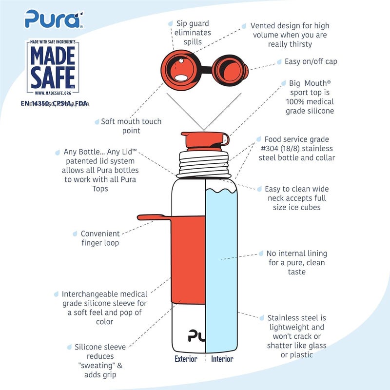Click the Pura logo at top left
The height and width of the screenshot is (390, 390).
[54, 19]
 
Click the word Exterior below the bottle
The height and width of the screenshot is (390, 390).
[186, 359]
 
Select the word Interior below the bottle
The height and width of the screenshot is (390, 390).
[222, 359]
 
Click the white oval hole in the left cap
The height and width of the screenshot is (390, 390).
[181, 78]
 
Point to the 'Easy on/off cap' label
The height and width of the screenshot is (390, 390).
[311, 61]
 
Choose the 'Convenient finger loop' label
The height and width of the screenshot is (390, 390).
[100, 238]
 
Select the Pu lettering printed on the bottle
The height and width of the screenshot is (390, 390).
[195, 336]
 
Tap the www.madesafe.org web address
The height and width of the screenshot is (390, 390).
[53, 93]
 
